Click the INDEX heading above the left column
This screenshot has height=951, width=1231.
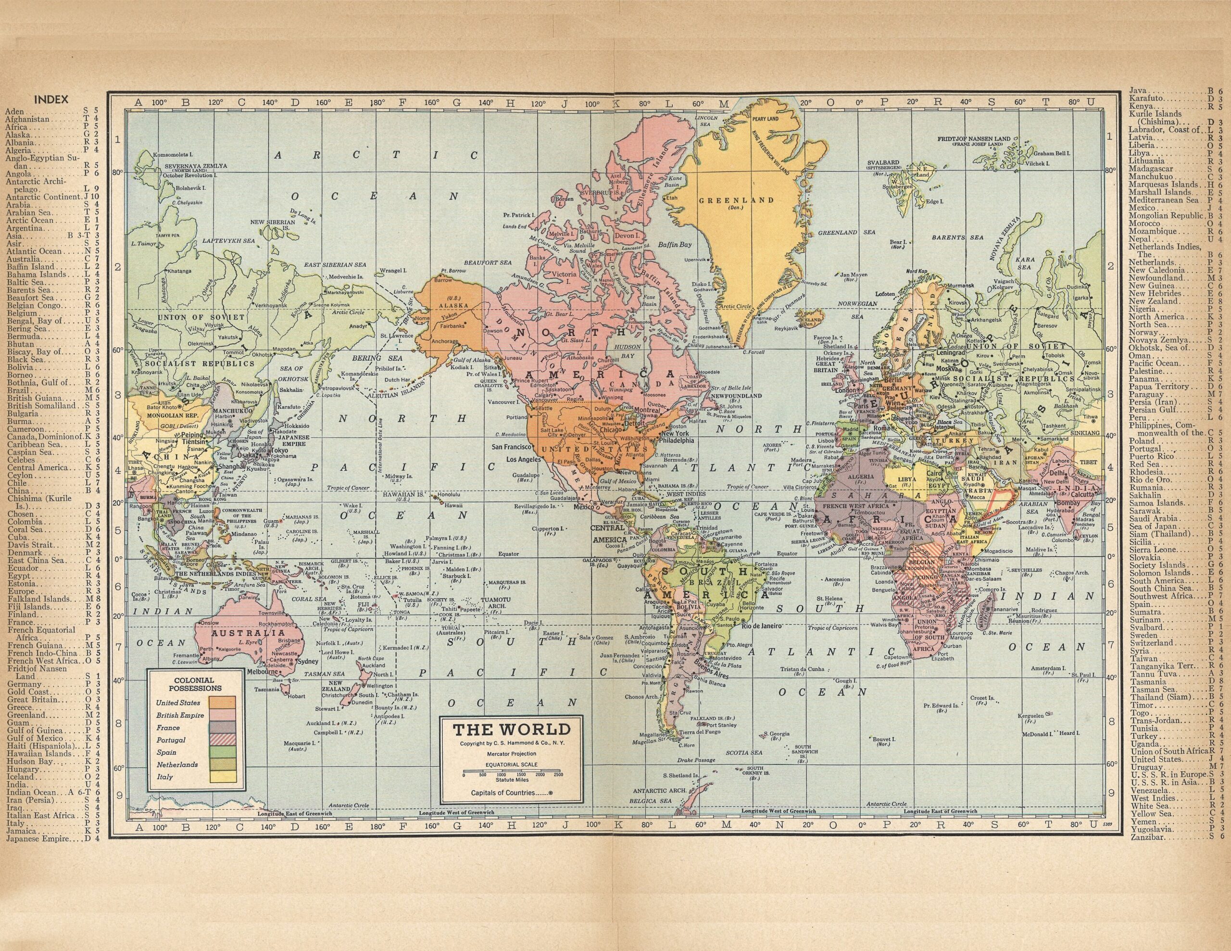51,100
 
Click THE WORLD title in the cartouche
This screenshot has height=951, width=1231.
512,729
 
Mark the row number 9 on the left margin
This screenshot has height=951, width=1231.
119,795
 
